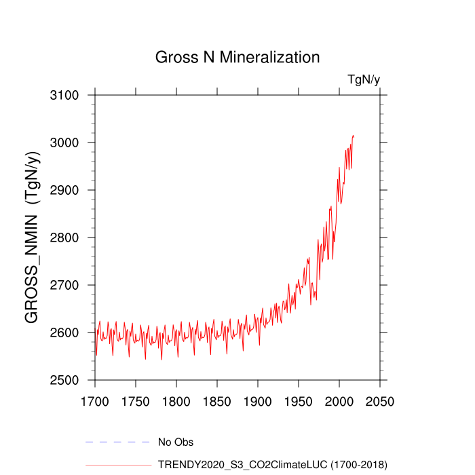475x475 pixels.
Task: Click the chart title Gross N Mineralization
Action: click(x=237, y=57)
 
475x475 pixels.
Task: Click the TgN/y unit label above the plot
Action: click(x=364, y=80)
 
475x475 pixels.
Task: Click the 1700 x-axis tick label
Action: click(x=95, y=401)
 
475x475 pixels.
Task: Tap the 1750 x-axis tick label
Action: click(x=136, y=401)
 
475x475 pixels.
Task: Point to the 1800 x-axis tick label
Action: click(x=176, y=401)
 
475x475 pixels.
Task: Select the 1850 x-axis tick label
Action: click(x=217, y=401)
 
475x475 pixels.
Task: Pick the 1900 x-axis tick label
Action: click(x=258, y=401)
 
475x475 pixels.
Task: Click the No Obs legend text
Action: click(x=176, y=442)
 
